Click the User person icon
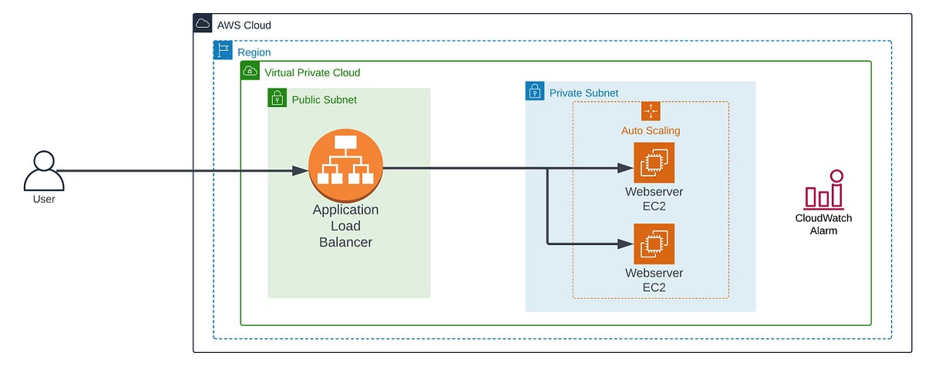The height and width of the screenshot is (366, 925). [43, 170]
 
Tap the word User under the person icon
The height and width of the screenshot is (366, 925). [44, 199]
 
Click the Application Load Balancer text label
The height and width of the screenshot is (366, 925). [345, 226]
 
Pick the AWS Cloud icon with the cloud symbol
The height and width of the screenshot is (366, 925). [203, 24]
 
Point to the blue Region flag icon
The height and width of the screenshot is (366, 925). [223, 51]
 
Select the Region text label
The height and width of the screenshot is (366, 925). [254, 52]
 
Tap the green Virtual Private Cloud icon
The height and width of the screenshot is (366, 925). [250, 72]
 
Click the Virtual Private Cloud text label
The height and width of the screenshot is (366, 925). [312, 72]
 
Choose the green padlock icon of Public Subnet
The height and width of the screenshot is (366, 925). [277, 98]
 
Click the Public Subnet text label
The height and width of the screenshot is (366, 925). [324, 99]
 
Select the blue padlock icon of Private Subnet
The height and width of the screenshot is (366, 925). [535, 92]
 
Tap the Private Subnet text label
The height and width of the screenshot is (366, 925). [584, 93]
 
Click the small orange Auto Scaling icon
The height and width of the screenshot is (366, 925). [651, 111]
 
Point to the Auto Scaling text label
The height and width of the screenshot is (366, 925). [651, 131]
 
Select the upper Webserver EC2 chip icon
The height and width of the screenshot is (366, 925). [654, 163]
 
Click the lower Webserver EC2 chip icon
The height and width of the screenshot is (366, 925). [654, 243]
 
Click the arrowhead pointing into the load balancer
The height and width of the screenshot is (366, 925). [301, 171]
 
